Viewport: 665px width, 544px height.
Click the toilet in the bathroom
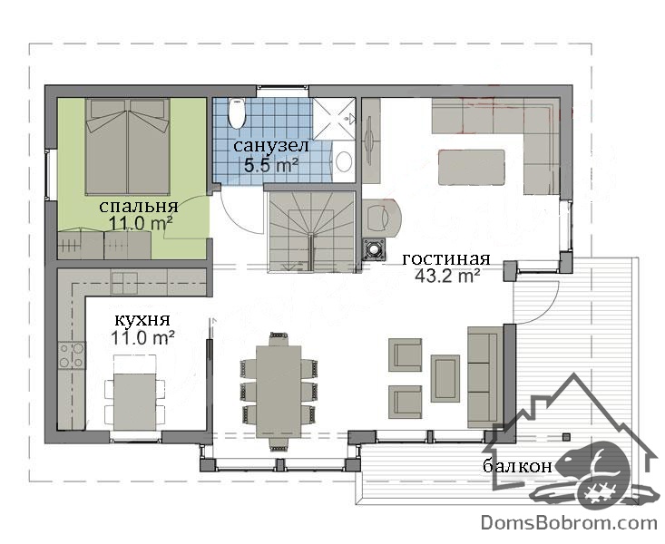point(237,113)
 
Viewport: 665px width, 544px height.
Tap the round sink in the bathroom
point(344,161)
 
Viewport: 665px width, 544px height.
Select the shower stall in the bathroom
point(334,118)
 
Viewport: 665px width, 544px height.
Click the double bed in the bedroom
point(128,147)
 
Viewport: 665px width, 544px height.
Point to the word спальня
point(139,207)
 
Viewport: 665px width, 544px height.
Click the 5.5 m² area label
point(270,165)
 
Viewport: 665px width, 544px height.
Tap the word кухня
point(143,320)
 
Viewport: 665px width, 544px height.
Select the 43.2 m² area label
point(447,276)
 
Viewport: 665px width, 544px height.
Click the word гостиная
point(446,258)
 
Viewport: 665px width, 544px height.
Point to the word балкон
point(517,466)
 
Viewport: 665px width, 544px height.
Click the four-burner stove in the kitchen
point(72,355)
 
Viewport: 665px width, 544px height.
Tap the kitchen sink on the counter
point(124,283)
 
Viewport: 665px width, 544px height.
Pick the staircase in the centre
point(311,231)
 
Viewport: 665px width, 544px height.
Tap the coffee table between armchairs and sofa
point(445,379)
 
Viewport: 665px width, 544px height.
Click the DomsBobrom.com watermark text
point(569,523)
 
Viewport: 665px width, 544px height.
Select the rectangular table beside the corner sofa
point(472,167)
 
